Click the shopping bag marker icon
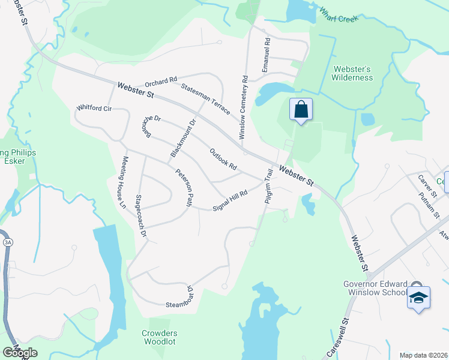coord(301,110)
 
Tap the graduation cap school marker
coord(418,298)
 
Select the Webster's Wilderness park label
coord(352,73)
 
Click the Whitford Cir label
coord(94,108)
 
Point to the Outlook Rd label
coord(223,158)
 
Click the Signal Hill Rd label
coord(231,201)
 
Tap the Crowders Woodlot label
coord(160,337)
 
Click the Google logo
coord(20,353)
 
